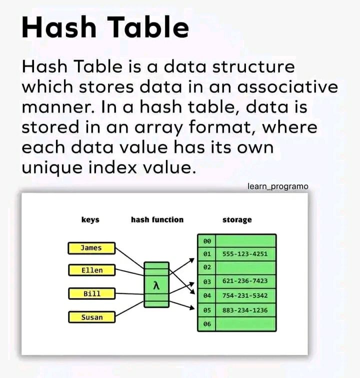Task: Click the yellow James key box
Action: point(91,248)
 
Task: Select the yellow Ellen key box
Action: point(92,270)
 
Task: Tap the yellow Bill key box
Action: point(92,293)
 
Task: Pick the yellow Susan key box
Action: point(92,317)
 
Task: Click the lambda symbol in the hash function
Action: point(156,286)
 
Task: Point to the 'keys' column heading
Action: point(90,219)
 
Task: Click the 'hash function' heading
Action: point(157,219)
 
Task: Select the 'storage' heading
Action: point(237,220)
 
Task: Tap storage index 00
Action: point(207,241)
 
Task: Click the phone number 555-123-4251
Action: point(245,254)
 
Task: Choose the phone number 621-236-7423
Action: point(245,281)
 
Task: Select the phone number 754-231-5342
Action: point(245,295)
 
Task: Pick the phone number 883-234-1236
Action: point(245,310)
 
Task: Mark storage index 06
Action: point(207,324)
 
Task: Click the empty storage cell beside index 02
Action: point(245,267)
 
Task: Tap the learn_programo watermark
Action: point(278,186)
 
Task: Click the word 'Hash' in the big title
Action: point(59,26)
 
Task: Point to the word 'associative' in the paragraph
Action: point(287,87)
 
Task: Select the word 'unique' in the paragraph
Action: point(52,168)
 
